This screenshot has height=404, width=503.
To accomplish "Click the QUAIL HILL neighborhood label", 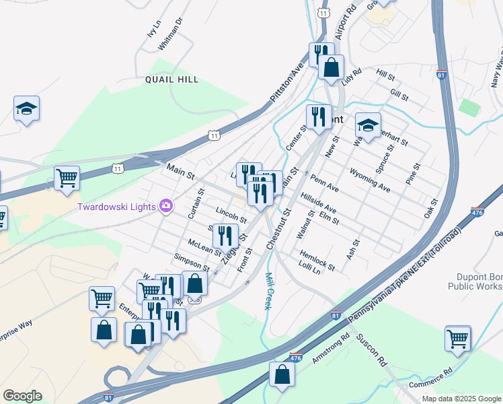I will tap(172, 79).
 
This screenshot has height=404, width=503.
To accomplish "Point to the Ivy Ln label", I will tap(154, 30).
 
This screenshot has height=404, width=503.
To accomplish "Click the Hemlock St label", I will tap(313, 257).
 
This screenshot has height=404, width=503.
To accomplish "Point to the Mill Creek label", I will tap(268, 291).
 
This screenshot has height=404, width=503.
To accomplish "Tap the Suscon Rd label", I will tap(372, 350).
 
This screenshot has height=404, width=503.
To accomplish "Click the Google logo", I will tap(22, 396).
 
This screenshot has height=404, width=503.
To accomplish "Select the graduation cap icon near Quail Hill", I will tap(26, 108).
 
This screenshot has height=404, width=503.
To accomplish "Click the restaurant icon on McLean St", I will tap(225, 236).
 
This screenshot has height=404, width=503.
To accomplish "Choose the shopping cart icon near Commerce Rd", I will tap(458, 338).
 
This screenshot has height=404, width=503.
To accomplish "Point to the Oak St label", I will tap(430, 207).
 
